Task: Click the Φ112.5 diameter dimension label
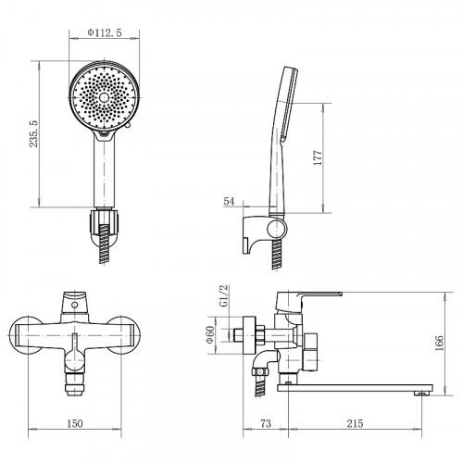105,32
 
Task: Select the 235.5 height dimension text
33,133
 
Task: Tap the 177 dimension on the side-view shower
318,157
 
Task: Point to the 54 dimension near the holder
229,201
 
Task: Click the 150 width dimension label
75,423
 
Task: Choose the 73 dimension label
266,423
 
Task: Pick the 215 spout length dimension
355,423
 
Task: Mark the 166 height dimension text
439,343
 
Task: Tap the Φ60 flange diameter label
210,334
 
